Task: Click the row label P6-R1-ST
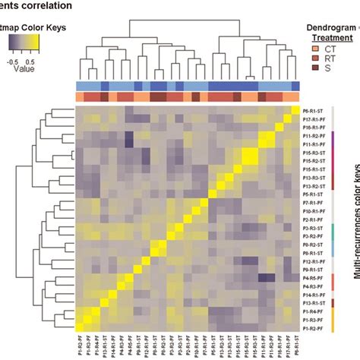coord(313,111)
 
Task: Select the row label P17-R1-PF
coord(314,119)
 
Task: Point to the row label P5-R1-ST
coord(313,194)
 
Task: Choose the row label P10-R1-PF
coord(314,211)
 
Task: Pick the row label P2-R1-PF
coord(313,219)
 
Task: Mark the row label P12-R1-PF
coord(314,261)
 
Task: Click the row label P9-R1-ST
coord(313,270)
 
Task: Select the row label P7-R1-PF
coord(313,203)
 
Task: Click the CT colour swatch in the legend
coord(314,49)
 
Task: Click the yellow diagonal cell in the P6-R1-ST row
coord(295,111)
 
